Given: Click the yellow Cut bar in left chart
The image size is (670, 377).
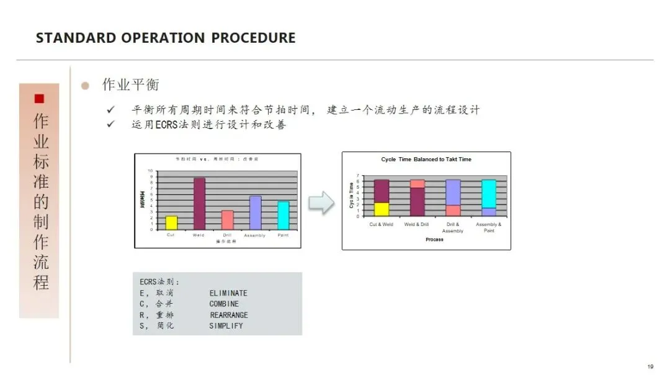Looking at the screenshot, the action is [171, 222].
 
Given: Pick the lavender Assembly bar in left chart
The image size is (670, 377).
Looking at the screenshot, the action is [255, 212].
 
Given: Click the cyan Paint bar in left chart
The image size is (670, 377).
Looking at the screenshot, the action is [283, 215].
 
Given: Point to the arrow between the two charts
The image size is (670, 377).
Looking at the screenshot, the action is [321, 202].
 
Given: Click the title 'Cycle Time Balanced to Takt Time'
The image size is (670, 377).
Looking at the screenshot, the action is [426, 160].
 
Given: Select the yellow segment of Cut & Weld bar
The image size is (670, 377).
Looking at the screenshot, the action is [382, 209].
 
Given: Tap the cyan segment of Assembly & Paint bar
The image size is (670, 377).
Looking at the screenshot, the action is [489, 193].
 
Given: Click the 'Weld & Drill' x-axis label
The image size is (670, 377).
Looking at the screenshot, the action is [417, 225].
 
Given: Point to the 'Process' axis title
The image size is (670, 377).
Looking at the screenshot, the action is [434, 240].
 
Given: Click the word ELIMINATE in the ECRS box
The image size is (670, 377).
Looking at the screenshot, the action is [228, 293].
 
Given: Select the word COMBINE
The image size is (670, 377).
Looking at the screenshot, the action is [224, 304].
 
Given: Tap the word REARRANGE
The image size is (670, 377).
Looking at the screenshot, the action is [229, 315].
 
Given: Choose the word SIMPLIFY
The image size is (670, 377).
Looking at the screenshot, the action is [226, 326].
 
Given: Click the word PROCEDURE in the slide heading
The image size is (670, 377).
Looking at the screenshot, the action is [253, 38].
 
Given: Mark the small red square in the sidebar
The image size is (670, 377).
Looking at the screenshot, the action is [39, 98].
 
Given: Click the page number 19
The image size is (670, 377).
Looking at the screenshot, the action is [650, 366].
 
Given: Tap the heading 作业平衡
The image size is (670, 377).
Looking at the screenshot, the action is [126, 85].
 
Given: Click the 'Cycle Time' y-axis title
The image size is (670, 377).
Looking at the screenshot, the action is [352, 195].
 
